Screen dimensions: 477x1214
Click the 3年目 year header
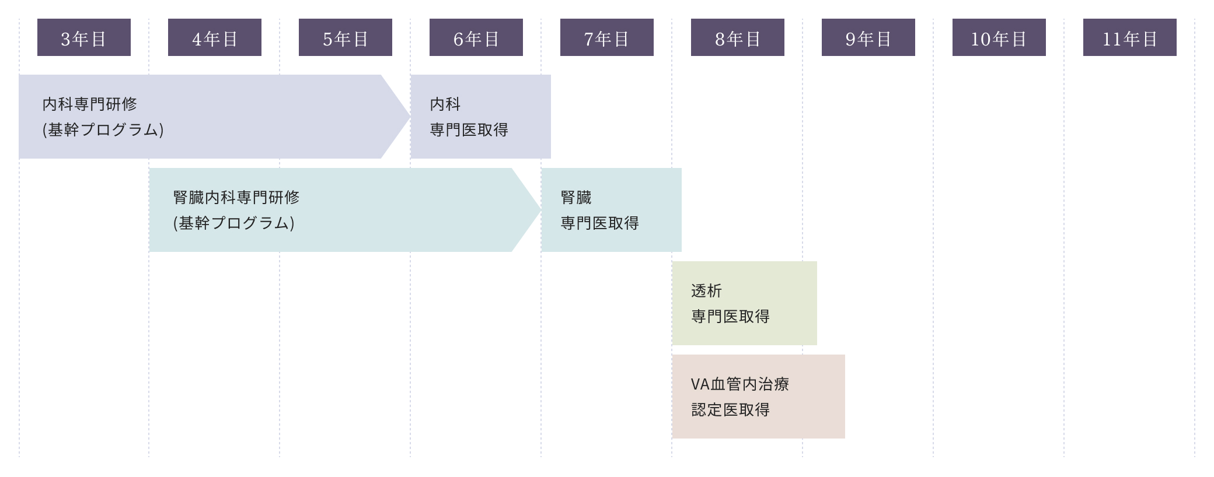click(x=84, y=37)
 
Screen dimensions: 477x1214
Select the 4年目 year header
click(x=215, y=37)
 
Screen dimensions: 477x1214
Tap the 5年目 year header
click(x=346, y=37)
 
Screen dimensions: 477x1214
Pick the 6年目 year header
click(x=476, y=37)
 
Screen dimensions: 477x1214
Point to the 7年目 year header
click(x=607, y=37)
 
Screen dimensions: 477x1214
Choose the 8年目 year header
click(x=738, y=37)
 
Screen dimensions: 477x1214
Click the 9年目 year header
click(x=868, y=37)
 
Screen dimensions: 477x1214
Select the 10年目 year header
click(x=999, y=37)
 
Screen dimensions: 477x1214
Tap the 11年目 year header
click(x=1130, y=37)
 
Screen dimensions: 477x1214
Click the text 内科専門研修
click(x=90, y=104)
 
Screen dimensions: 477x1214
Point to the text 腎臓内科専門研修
click(x=236, y=198)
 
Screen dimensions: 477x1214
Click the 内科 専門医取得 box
click(x=480, y=117)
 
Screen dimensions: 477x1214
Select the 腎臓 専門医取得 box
click(x=611, y=210)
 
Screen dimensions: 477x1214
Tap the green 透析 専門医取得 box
click(x=744, y=303)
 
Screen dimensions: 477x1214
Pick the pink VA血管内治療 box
click(x=758, y=397)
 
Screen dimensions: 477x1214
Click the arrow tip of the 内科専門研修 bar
click(x=403, y=117)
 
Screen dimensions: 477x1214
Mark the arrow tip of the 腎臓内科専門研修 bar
click(x=533, y=210)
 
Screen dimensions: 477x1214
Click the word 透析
click(x=706, y=291)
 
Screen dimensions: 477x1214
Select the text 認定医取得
click(x=730, y=410)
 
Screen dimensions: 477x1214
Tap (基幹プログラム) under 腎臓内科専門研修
click(x=234, y=223)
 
